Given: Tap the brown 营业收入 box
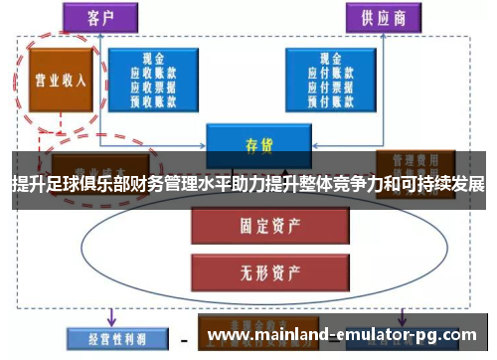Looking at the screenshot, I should coord(61,80).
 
